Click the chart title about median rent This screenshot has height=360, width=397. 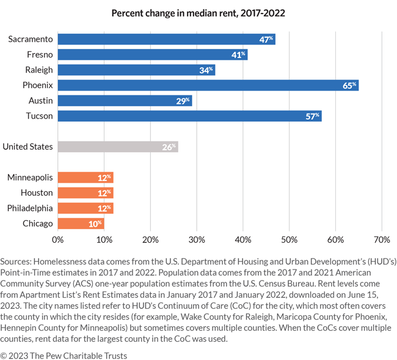pos(198,12)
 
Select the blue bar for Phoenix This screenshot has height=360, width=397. pos(208,85)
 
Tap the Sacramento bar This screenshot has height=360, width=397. pos(166,39)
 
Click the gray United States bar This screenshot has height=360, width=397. pos(117,147)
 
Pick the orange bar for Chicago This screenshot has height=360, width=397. pos(81,224)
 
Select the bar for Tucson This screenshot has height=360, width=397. pos(189,116)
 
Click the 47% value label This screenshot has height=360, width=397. pos(266,39)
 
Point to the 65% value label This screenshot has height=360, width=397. pos(349,85)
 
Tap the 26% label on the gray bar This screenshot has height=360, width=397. pos(169,147)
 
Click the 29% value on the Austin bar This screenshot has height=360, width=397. pos(183,100)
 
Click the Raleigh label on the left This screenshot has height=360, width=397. pos(38,70)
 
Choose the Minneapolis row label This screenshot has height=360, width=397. pos(30,178)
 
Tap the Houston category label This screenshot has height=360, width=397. pos(37,193)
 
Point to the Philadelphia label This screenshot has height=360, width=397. pos(30,208)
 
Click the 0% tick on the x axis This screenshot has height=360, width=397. pos(58,238)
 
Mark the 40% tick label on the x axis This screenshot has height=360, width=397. pos(243,238)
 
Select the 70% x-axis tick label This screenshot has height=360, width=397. pos(382,238)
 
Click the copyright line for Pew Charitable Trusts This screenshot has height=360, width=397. pos(64,355)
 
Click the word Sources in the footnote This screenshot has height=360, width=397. pos(17,260)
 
